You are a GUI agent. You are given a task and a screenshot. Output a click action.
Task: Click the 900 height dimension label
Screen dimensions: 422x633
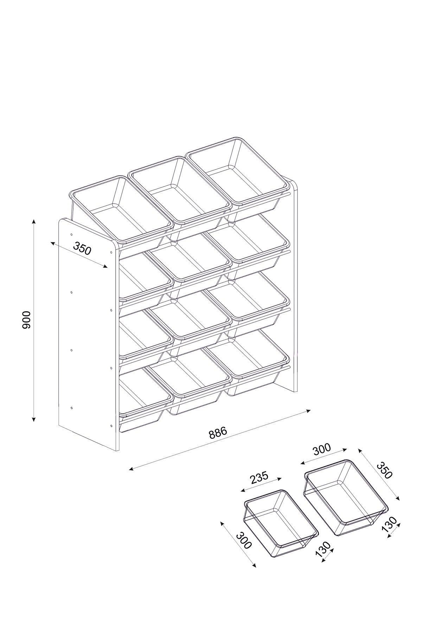click(27, 320)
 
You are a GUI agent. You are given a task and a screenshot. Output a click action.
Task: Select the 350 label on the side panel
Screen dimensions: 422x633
click(82, 249)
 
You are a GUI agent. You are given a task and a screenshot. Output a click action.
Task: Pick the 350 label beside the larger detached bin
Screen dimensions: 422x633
click(384, 470)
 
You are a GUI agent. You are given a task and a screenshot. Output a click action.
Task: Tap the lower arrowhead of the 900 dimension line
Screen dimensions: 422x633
click(34, 419)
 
